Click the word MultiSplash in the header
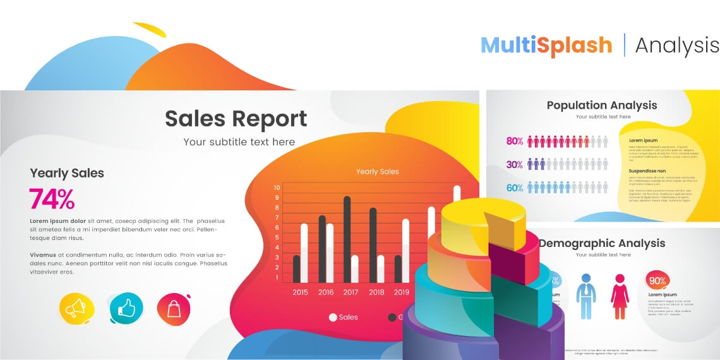click(x=546, y=45)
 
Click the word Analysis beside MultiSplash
click(x=676, y=45)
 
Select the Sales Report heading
click(x=236, y=119)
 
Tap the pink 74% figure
click(x=52, y=199)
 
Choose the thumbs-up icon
click(x=126, y=308)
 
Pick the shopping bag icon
click(x=174, y=308)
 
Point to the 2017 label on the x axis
click(x=351, y=292)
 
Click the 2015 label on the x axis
click(x=300, y=292)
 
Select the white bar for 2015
click(x=304, y=253)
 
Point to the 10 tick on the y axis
click(x=277, y=188)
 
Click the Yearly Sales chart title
click(x=377, y=172)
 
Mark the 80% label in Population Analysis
click(x=515, y=141)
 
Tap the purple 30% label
click(x=515, y=165)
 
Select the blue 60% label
click(x=515, y=188)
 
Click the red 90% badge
click(x=657, y=281)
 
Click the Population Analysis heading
click(x=601, y=105)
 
